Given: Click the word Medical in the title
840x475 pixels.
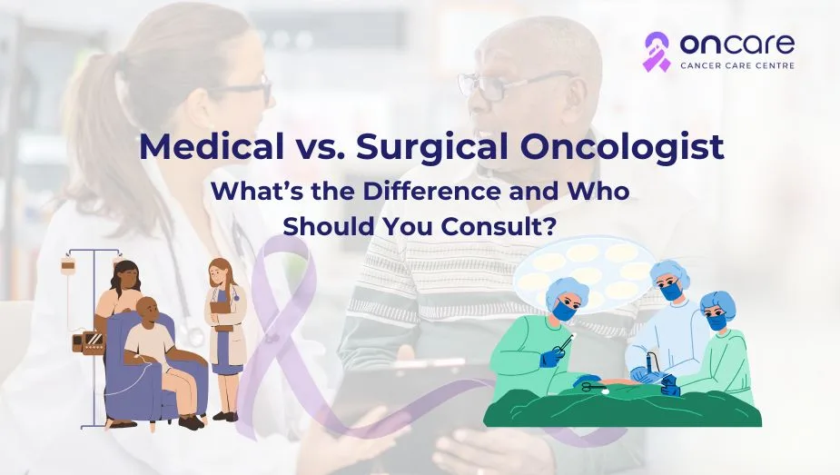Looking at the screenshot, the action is pyautogui.click(x=212, y=146).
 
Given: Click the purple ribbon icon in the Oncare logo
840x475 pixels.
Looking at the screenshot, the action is pyautogui.click(x=657, y=52).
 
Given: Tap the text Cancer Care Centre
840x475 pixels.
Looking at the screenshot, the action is pyautogui.click(x=737, y=66).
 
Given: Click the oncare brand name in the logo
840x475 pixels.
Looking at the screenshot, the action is pyautogui.click(x=737, y=44).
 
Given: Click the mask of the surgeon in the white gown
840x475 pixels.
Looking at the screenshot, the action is pyautogui.click(x=669, y=292).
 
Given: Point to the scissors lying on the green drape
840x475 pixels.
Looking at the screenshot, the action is pyautogui.click(x=592, y=386).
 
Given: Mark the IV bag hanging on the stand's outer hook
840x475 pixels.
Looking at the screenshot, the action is pyautogui.click(x=67, y=265).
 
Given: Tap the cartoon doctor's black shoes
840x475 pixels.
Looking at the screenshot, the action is pyautogui.click(x=225, y=416).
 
